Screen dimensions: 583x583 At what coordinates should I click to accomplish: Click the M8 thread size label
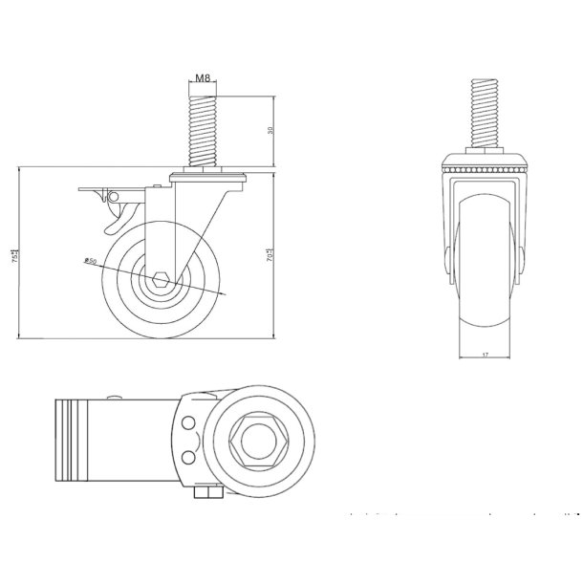(203, 79)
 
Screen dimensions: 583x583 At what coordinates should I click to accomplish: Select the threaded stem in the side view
(203, 129)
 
